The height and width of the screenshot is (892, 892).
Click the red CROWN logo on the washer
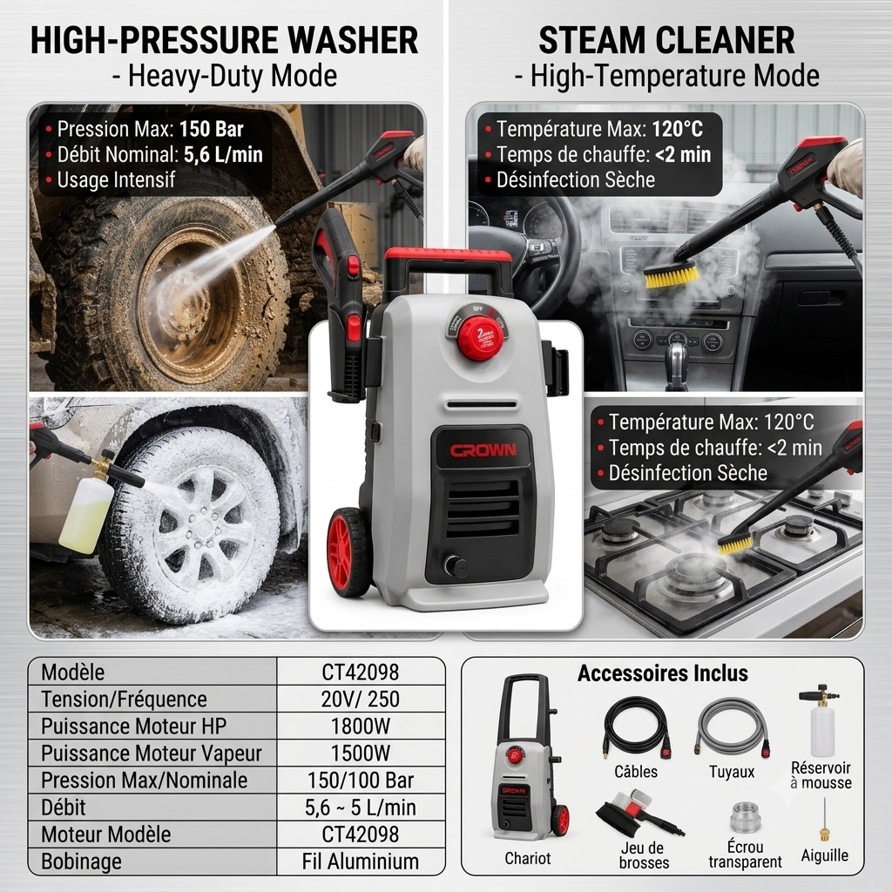point(483,450)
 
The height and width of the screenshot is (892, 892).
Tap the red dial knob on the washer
point(480,339)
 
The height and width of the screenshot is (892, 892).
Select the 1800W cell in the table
point(361,726)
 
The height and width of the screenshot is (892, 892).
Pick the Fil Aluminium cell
point(361,862)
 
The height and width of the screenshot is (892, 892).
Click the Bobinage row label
point(81,862)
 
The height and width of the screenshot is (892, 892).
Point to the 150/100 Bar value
point(361,780)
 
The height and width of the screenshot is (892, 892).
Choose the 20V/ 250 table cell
point(361,699)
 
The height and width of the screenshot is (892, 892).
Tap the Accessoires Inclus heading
point(663,673)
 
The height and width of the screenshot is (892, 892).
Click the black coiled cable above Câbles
point(637,727)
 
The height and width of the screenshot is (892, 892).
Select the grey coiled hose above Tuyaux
point(732,727)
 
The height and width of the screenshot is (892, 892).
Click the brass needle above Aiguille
point(824,820)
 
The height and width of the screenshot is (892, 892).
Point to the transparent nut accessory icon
point(746,817)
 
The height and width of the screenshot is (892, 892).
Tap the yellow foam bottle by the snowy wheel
point(86,514)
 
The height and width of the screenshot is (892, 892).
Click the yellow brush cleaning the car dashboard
point(672,275)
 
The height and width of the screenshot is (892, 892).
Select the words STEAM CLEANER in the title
point(666,40)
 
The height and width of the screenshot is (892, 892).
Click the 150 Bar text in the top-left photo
point(211,129)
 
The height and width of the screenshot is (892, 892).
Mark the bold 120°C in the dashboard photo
point(677,129)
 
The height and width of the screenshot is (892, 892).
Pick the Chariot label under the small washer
point(527,858)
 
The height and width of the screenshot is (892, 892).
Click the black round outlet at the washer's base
point(456,566)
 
